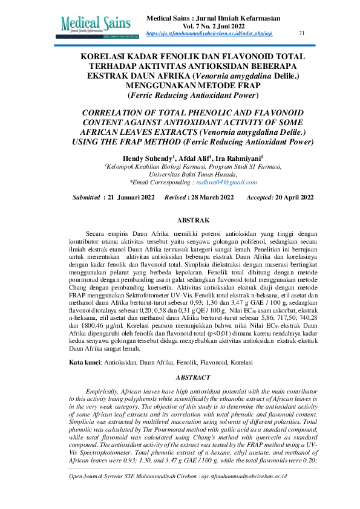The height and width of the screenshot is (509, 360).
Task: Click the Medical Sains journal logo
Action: (100, 24)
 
